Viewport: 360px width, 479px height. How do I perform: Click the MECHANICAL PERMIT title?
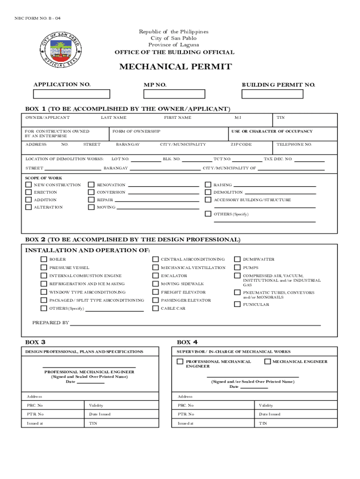point(175,67)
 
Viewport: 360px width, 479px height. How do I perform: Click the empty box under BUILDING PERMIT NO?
point(272,94)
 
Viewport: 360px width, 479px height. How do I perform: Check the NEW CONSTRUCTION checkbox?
point(29,185)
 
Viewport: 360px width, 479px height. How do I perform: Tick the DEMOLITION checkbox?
point(208,192)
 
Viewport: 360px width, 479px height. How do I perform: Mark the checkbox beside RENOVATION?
point(91,185)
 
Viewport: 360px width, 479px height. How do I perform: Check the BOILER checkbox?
point(43,259)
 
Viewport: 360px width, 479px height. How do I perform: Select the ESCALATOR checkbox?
point(155,276)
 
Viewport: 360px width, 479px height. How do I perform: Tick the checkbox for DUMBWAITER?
point(238,259)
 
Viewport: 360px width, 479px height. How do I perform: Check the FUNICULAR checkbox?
point(238,305)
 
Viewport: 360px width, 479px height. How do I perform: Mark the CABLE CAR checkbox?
point(155,309)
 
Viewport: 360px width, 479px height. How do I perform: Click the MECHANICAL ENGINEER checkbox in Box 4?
point(267,362)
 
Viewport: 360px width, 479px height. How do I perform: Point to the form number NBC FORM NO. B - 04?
point(37,18)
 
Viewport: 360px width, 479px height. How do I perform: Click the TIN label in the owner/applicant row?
point(281,118)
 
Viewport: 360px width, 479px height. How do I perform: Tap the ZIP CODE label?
point(241,145)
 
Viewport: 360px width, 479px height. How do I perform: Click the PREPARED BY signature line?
point(195,324)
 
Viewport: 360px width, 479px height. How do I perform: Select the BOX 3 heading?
point(35,342)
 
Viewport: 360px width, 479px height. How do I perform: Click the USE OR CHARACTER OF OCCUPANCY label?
point(272,131)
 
